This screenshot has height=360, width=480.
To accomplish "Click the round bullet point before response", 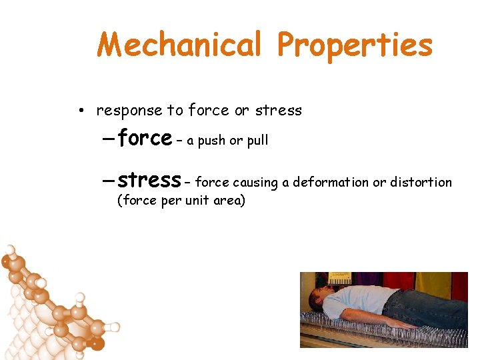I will click(x=79, y=111).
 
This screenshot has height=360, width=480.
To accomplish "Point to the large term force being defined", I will click(x=144, y=138).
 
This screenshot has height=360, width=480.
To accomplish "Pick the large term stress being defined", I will click(x=148, y=180).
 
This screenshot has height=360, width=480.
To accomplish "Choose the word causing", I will click(x=254, y=183).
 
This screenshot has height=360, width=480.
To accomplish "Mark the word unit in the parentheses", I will click(x=198, y=200).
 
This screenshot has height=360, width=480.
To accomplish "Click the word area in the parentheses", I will click(x=228, y=200).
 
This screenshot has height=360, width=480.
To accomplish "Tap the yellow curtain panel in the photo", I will click(x=433, y=283).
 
